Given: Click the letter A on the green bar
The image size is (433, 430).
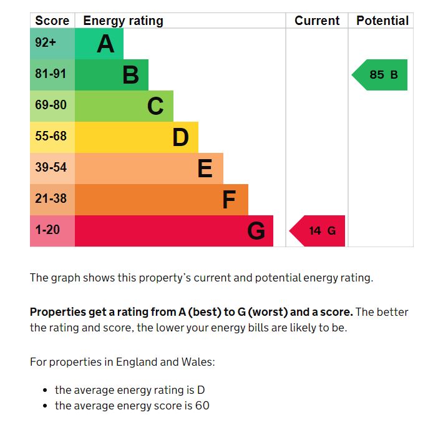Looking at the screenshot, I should click(x=105, y=44).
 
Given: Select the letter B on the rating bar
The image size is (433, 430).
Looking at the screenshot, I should click(x=130, y=75).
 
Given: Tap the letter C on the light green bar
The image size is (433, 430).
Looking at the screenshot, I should click(x=155, y=106).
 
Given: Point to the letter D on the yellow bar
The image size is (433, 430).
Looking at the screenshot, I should click(x=180, y=137).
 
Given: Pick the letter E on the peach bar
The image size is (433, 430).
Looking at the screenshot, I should click(x=205, y=169).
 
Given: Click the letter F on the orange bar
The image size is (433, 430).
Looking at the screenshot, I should click(x=229, y=200).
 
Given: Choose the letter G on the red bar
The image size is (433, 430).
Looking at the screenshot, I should click(x=256, y=231).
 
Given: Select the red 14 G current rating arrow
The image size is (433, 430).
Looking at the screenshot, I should click(x=318, y=231).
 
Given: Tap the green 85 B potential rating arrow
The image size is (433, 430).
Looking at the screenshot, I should click(x=381, y=75).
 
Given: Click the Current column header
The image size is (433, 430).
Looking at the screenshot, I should click(x=317, y=21).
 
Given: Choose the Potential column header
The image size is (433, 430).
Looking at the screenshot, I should click(x=382, y=21).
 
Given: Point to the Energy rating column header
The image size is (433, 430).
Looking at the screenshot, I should click(x=123, y=21).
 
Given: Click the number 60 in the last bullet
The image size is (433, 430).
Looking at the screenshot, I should click(x=202, y=406).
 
